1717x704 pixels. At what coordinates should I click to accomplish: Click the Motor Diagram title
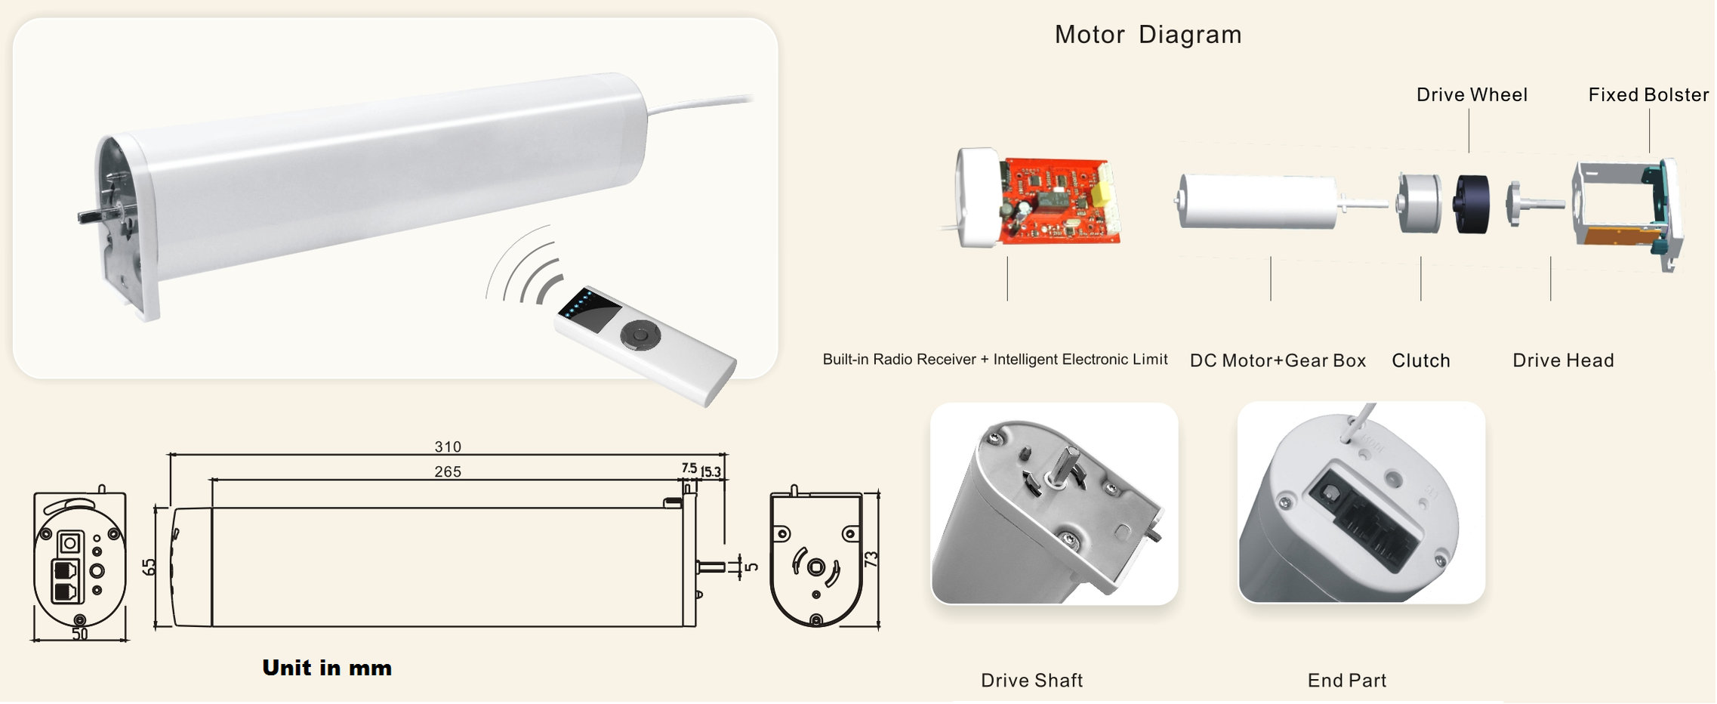pos(1148,35)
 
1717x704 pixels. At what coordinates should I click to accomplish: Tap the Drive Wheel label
pos(1472,95)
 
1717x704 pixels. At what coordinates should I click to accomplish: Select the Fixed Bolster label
pos(1648,95)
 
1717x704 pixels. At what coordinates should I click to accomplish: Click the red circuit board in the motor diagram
pos(1057,201)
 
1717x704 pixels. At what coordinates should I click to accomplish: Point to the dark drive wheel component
pos(1471,203)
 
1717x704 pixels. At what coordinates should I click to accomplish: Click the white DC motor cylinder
pos(1257,201)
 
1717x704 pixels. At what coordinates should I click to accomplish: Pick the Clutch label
pos(1420,361)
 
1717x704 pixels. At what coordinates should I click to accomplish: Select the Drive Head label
pos(1563,361)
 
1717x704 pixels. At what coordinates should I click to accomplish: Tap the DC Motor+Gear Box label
pos(1278,361)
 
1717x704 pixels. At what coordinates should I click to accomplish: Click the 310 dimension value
pos(448,447)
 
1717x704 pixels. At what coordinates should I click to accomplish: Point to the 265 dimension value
pos(448,472)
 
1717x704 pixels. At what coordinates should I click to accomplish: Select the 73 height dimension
pos(871,560)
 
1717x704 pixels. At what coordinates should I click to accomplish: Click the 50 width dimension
pos(80,635)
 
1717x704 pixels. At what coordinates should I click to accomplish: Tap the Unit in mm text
pos(327,668)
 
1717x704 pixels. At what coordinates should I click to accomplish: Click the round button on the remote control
pos(640,335)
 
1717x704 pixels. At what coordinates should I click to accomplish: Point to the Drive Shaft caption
pos(1031,681)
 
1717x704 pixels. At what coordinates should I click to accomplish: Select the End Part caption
pos(1347,681)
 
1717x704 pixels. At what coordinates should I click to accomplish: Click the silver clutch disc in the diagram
pos(1414,203)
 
